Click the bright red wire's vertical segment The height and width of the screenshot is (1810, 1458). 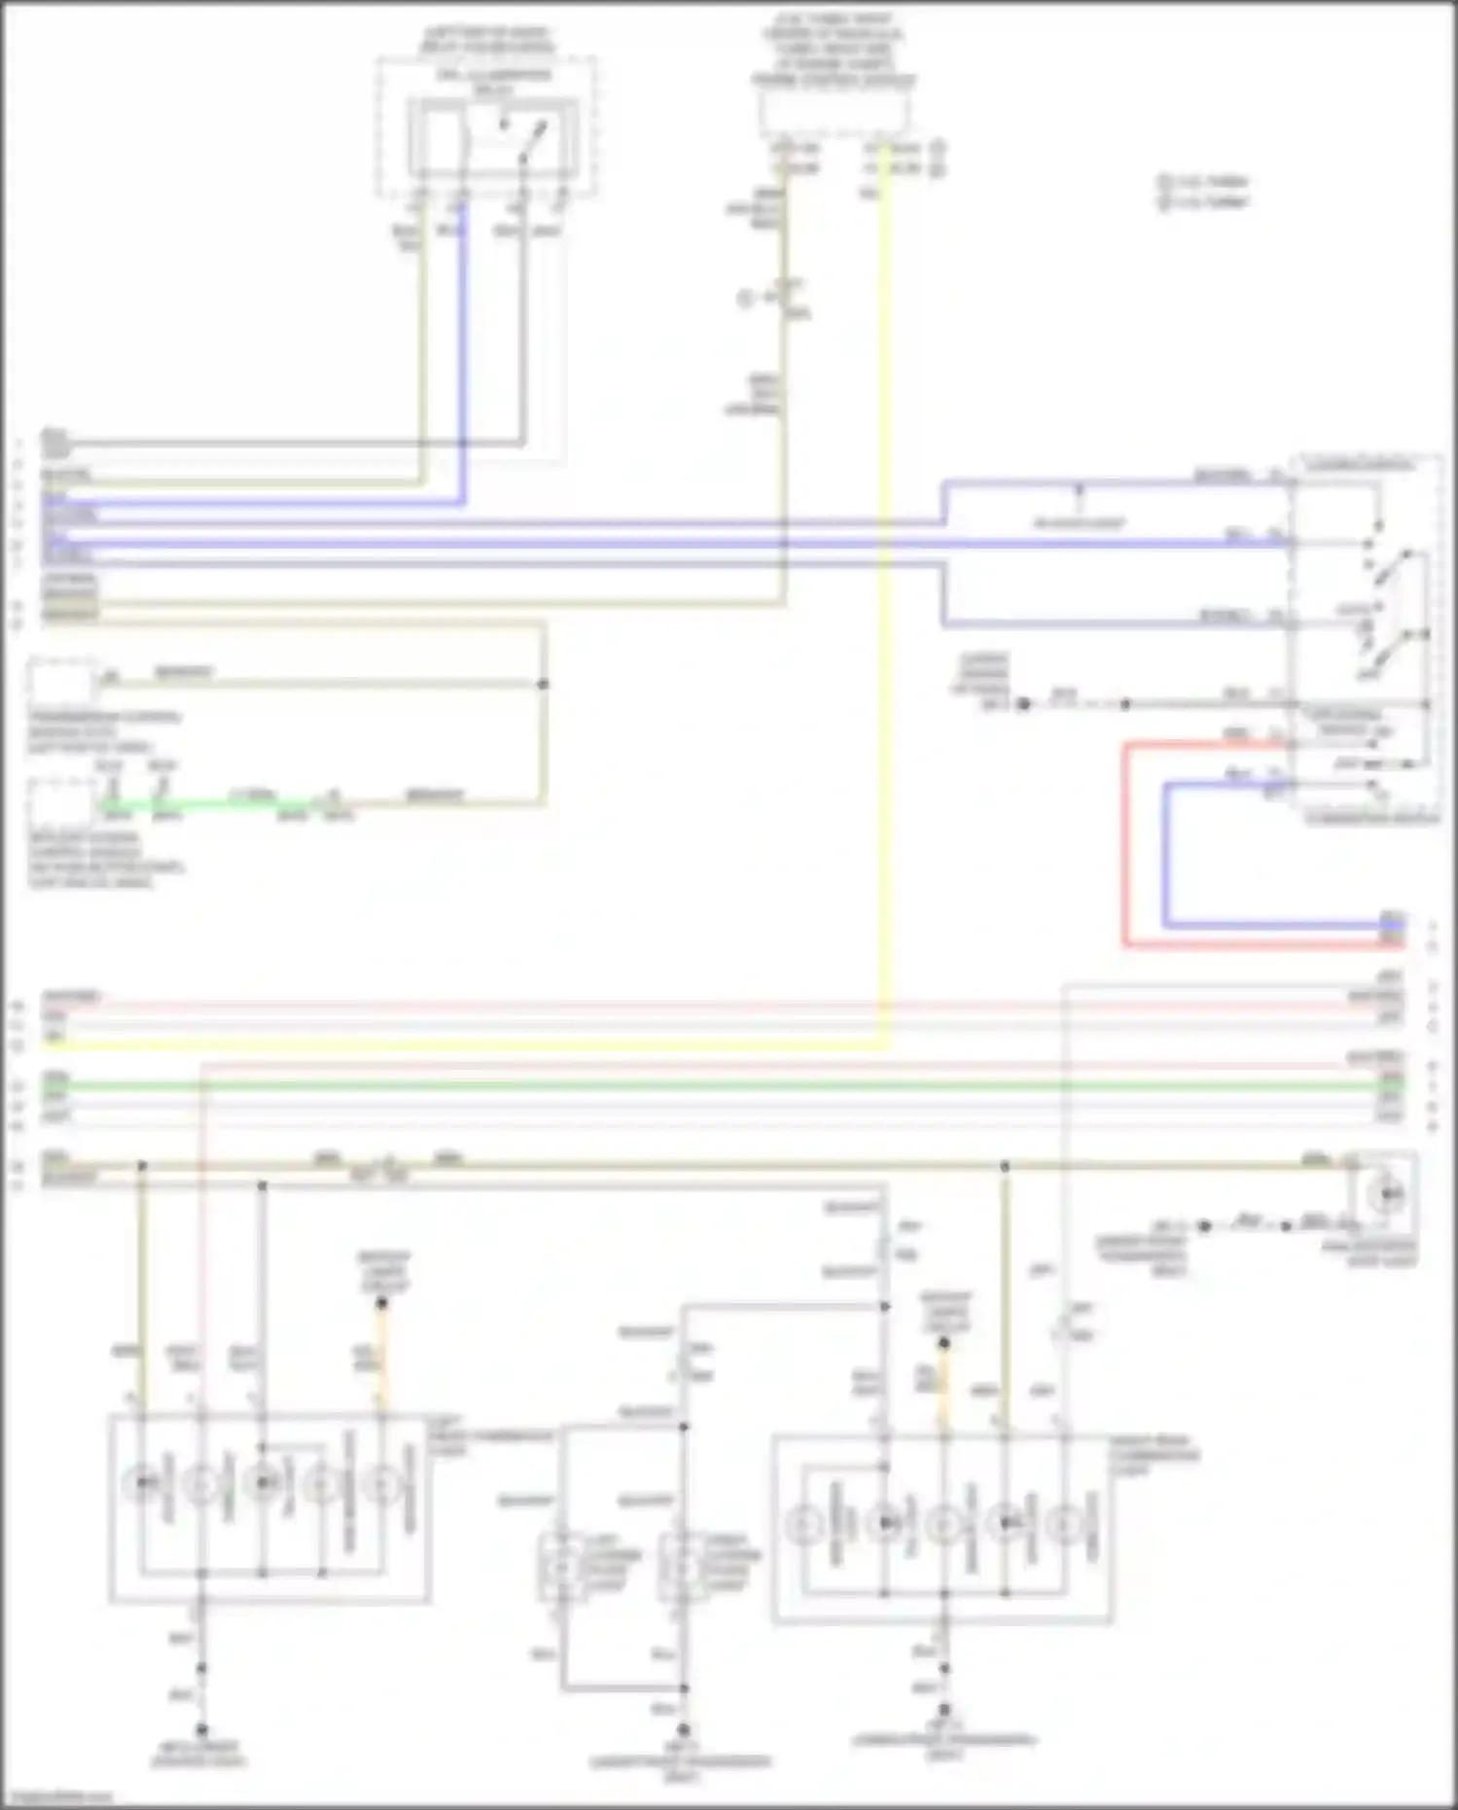coord(1125,846)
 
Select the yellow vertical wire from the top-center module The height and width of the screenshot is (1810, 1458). coord(884,584)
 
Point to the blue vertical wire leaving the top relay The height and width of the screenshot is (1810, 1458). coord(463,360)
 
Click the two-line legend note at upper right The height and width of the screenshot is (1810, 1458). coord(1203,192)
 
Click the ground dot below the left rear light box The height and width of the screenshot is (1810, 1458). coord(201,1729)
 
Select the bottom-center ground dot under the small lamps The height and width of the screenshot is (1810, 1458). coord(683,1730)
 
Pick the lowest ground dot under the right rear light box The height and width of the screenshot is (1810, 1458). coord(943,1709)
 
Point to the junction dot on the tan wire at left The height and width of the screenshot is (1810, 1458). coord(543,684)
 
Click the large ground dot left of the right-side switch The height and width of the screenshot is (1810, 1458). coord(1023,703)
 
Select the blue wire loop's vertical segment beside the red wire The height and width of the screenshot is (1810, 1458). coord(1165,856)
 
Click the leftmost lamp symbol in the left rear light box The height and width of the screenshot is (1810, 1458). coord(143,1482)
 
